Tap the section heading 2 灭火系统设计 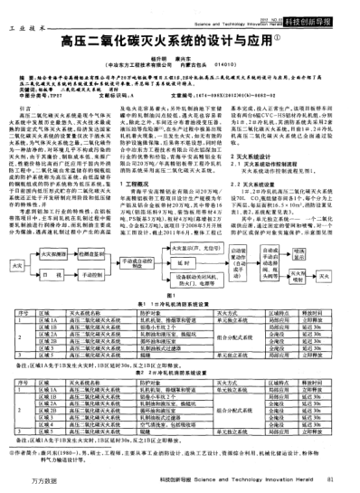(271, 156)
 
